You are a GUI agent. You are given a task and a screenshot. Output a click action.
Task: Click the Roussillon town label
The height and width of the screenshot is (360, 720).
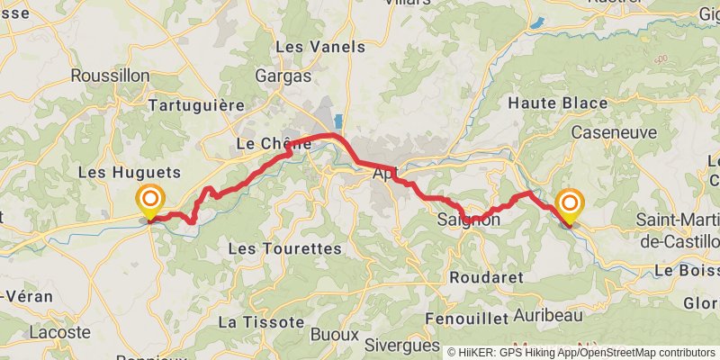(109, 76)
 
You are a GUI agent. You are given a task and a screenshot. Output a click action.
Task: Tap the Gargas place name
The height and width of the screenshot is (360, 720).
(283, 76)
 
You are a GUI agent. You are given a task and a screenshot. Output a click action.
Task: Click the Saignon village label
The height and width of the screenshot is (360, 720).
(468, 219)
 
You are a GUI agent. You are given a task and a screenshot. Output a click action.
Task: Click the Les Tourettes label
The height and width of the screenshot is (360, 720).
(285, 247)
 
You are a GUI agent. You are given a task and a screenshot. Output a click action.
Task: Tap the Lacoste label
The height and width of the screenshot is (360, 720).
(60, 333)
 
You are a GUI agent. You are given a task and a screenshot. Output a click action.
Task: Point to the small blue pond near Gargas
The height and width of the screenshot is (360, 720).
(338, 120)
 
